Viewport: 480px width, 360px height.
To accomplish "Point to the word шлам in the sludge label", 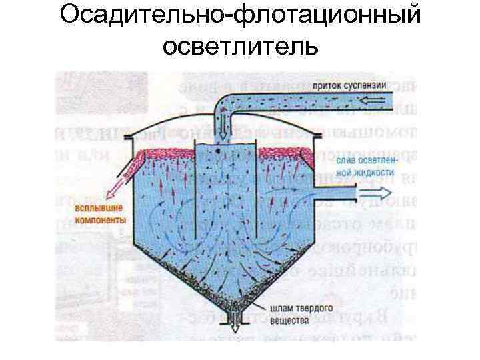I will click(284, 309).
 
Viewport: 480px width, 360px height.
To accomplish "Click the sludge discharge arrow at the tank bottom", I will click(235, 327).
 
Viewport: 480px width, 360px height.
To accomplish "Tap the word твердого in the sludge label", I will click(313, 309).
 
